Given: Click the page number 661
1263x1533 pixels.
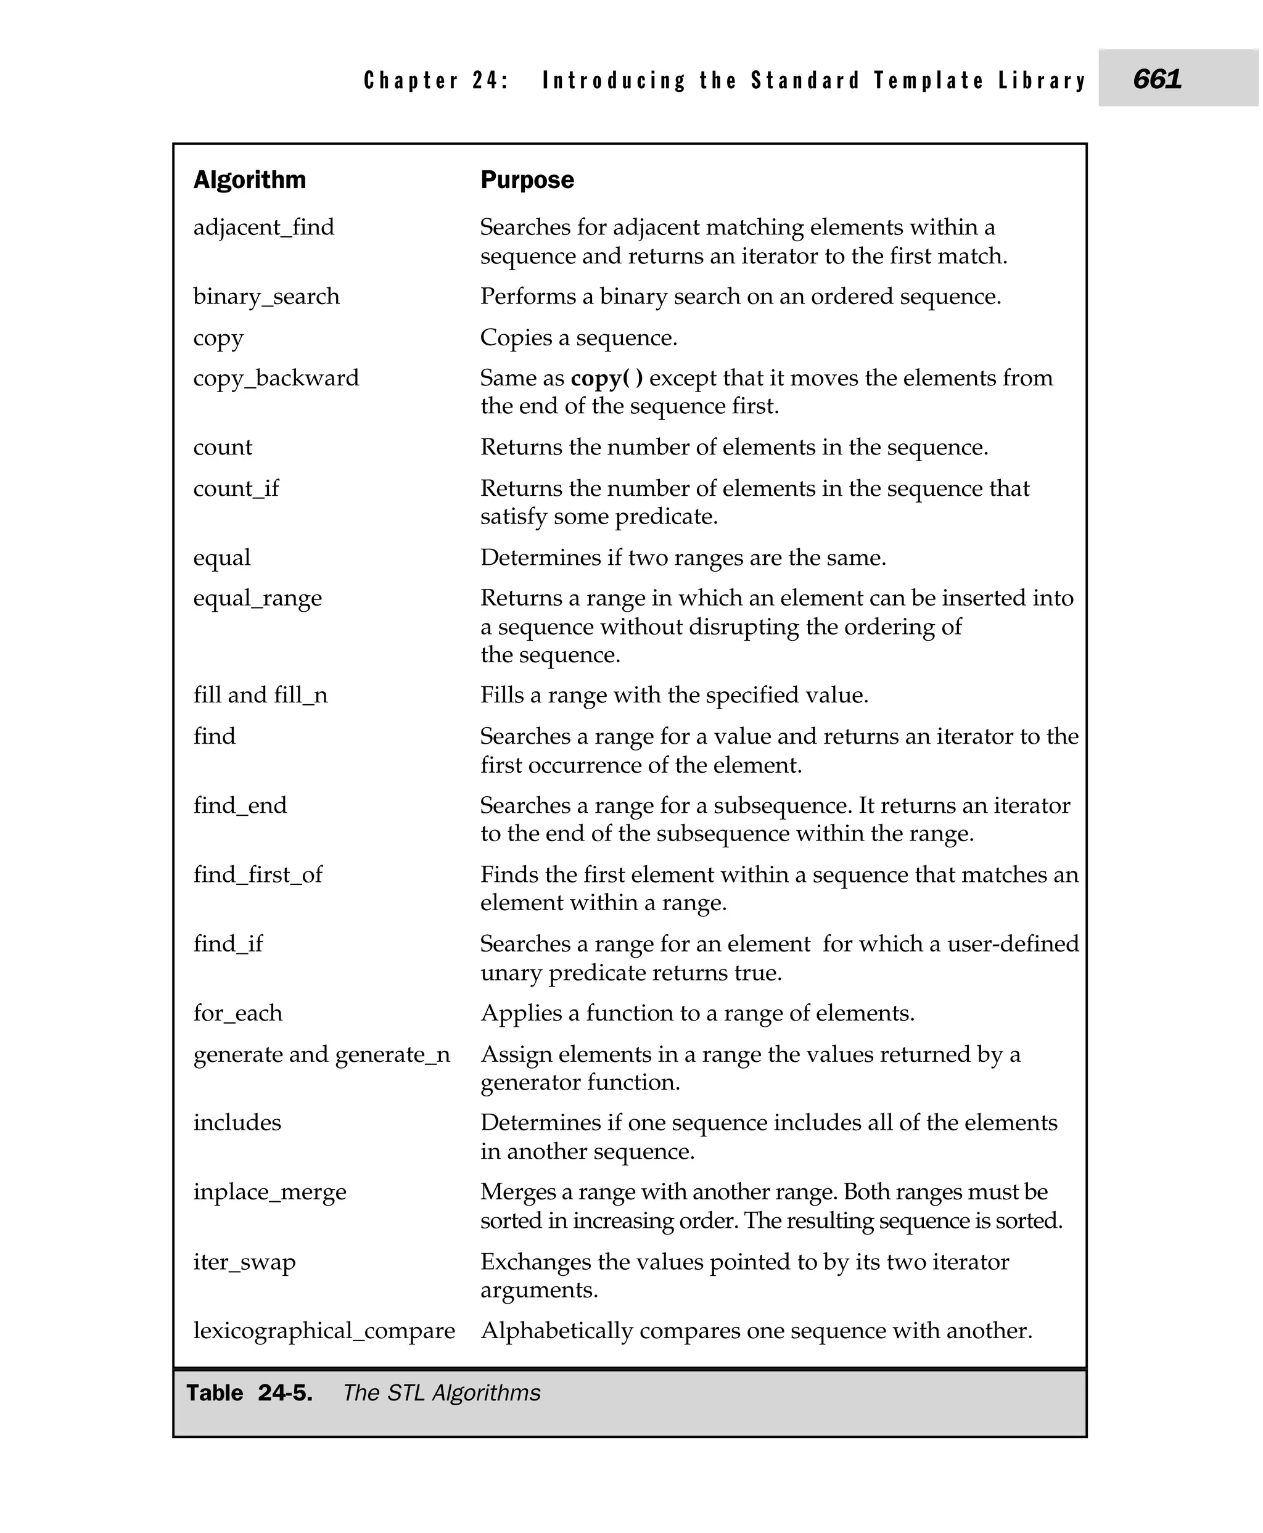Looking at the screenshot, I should click(1157, 78).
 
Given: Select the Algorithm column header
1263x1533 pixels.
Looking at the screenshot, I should click(250, 179).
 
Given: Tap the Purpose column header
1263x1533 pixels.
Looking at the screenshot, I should click(527, 179).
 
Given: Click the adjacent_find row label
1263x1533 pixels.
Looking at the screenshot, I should click(263, 228).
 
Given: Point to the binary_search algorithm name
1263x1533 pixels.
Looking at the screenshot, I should click(266, 297).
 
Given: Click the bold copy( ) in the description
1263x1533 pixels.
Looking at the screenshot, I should click(607, 379).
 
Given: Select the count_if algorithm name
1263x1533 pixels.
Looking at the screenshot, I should click(236, 488).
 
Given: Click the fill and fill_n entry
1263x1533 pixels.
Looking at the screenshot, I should click(260, 696).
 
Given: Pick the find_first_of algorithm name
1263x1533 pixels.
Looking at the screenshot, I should click(258, 874).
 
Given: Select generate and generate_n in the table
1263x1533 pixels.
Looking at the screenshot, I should click(321, 1054).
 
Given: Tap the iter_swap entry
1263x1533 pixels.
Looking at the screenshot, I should click(244, 1262).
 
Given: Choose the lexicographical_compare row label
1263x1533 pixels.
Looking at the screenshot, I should click(324, 1331).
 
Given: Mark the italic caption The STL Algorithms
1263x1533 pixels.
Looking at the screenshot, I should click(442, 1392).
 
